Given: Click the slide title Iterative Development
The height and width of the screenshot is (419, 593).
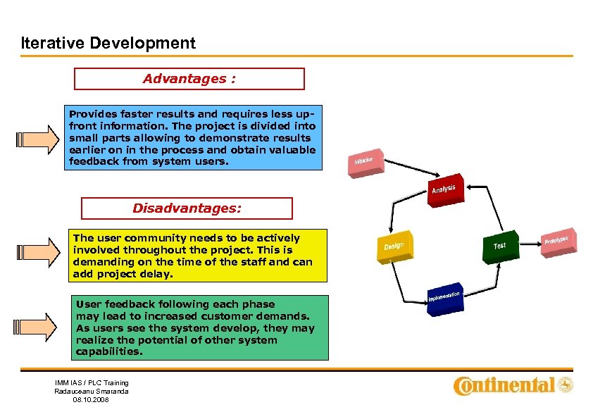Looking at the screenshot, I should tap(108, 43).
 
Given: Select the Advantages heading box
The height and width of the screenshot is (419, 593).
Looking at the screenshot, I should tap(189, 79).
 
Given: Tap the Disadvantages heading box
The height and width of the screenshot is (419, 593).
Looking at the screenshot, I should tap(187, 208).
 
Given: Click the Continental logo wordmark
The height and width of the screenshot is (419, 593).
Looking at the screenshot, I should tap(504, 385).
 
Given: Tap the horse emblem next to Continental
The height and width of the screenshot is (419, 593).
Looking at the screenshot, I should tap(566, 384).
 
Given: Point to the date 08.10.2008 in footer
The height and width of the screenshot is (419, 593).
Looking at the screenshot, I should tap(92, 399).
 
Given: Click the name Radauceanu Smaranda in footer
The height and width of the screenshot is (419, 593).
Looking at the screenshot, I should tap(92, 391).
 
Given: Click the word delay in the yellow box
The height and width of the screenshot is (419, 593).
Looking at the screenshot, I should tap(158, 274).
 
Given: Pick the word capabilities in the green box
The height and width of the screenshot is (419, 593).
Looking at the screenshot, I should tap(109, 351).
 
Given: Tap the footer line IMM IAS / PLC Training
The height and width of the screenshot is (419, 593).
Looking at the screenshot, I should tap(92, 382).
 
